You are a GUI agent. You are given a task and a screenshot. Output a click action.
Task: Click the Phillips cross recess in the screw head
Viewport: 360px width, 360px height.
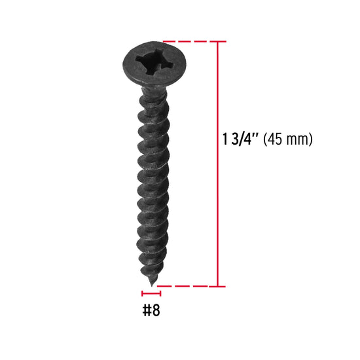click(153, 62)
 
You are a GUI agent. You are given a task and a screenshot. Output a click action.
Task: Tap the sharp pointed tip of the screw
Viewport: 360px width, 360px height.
click(152, 285)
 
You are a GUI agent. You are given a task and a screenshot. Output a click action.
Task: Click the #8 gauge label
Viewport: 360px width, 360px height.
click(151, 310)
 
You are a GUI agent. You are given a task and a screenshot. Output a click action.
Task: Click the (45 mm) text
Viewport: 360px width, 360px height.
click(288, 139)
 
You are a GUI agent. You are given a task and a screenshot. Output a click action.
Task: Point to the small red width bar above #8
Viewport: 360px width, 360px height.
click(151, 293)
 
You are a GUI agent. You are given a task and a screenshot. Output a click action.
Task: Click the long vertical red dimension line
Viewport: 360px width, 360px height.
click(217, 164)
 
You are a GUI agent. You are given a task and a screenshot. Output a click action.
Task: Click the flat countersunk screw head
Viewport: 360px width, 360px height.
click(154, 65)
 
